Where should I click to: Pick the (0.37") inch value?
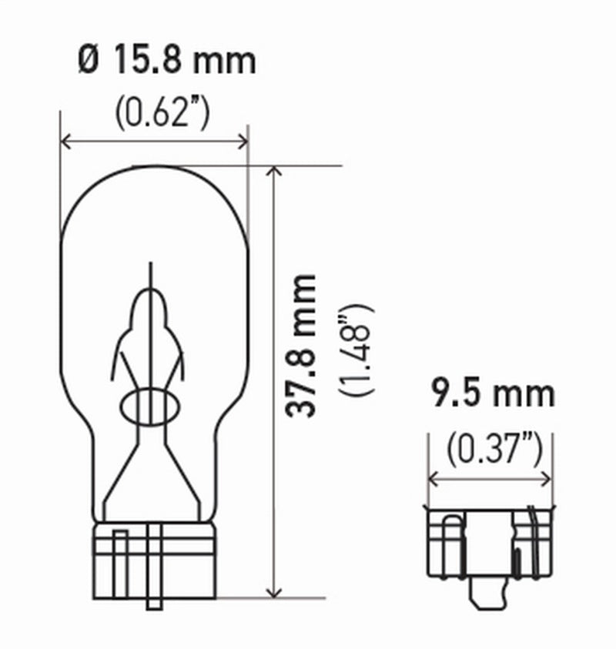click(490, 447)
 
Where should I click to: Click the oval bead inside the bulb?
click(151, 406)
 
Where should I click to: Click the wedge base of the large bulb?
click(154, 550)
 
